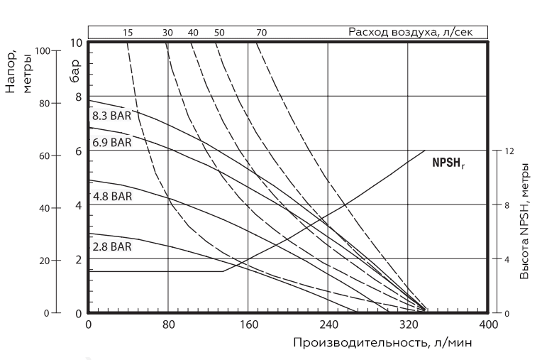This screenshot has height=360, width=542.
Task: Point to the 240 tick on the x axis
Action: (328, 324)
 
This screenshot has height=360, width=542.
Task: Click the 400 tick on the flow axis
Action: (488, 324)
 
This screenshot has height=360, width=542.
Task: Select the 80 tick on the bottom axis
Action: (168, 324)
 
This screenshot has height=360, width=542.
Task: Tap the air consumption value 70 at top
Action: (262, 33)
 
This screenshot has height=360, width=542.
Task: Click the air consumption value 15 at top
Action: (128, 33)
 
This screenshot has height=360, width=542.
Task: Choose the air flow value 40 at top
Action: (193, 33)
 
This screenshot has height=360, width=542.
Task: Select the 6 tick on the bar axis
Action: (79, 151)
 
